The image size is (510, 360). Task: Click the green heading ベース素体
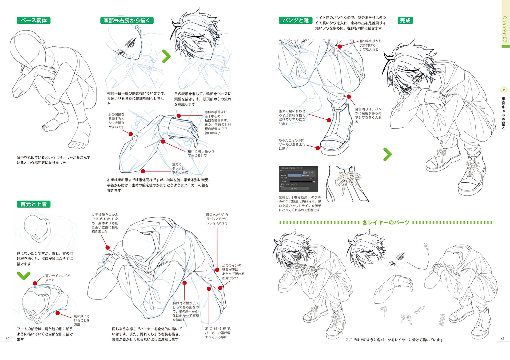tap(34, 21)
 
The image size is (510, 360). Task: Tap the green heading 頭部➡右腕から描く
tap(127, 21)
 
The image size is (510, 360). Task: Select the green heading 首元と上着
tap(34, 204)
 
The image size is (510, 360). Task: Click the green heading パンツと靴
tap(295, 21)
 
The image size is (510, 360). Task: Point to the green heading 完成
tap(405, 21)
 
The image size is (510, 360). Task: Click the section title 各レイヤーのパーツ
tap(386, 223)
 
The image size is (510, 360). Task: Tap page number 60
tap(7, 339)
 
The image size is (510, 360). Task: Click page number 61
tap(503, 339)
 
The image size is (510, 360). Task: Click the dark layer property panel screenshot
tap(298, 179)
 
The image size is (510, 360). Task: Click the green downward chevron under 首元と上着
tap(23, 275)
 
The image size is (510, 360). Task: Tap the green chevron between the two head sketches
tap(166, 56)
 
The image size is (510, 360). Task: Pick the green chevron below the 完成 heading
tap(387, 154)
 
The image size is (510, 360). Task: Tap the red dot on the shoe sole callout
tap(318, 148)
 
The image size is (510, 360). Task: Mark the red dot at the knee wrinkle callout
tap(340, 46)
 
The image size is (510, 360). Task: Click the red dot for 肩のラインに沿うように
tap(35, 283)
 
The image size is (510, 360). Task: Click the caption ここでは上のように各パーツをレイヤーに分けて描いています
tap(394, 340)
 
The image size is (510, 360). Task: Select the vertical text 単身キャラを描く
tap(503, 113)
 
